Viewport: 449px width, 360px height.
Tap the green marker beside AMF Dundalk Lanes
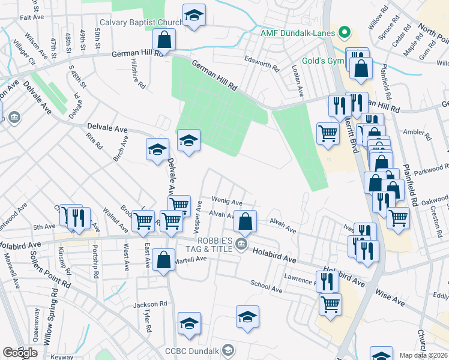pos(344,32)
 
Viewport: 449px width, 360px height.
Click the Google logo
pos(20,353)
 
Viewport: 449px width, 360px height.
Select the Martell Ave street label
pos(190,259)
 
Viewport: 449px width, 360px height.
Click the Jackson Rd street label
pos(150,305)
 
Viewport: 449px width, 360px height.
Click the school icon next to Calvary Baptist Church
pos(194,16)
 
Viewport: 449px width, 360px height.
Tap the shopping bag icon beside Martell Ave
pos(164,261)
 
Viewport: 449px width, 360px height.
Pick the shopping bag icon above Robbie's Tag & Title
pos(245,221)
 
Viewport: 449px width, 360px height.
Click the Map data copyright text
pos(423,355)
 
